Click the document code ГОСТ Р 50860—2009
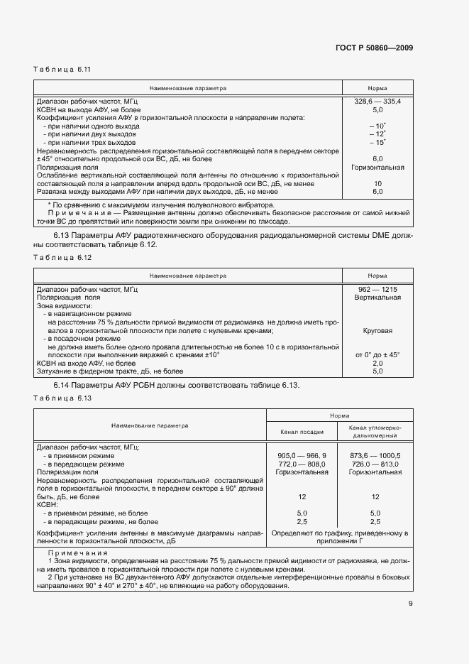pyautogui.click(x=373, y=48)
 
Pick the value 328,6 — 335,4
pyautogui.click(x=377, y=102)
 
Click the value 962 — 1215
pyautogui.click(x=377, y=289)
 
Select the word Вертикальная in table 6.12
pyautogui.click(x=377, y=297)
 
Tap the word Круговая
pyautogui.click(x=377, y=330)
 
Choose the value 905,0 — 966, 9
pyautogui.click(x=302, y=455)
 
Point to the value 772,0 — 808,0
pyautogui.click(x=302, y=464)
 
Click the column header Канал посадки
pyautogui.click(x=302, y=431)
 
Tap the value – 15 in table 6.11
pyautogui.click(x=377, y=143)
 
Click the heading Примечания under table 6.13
pyautogui.click(x=77, y=552)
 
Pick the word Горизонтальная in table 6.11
pyautogui.click(x=377, y=168)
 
